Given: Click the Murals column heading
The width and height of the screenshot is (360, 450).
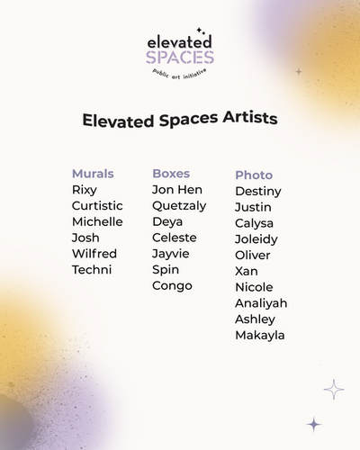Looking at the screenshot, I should click(x=93, y=173).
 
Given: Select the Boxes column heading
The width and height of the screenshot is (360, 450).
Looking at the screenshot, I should click(x=171, y=173).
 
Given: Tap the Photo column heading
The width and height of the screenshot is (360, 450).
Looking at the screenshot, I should click(x=254, y=175).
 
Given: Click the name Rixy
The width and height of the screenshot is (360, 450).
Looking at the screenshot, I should click(x=85, y=190).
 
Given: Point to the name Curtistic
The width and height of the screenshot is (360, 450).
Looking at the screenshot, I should click(x=97, y=206).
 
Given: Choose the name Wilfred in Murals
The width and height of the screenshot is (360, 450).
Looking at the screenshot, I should click(x=94, y=254).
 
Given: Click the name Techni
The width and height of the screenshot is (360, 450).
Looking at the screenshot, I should click(x=92, y=270).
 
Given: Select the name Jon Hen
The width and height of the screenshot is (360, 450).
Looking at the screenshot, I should click(x=177, y=190).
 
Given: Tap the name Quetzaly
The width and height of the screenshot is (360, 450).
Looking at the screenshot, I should click(x=179, y=206).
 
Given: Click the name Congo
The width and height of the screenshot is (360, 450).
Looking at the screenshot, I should click(x=171, y=285).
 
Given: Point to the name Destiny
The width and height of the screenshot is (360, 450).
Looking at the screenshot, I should click(x=258, y=191).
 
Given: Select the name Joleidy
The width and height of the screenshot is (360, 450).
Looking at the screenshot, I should click(x=256, y=239).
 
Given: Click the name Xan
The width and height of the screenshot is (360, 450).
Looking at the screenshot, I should click(x=247, y=271).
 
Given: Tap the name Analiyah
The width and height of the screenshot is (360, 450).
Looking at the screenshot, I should click(x=261, y=303).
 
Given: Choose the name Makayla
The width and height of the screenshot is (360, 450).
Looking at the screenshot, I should click(x=260, y=335).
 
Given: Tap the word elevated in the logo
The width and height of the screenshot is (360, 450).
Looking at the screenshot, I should click(x=180, y=41).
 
